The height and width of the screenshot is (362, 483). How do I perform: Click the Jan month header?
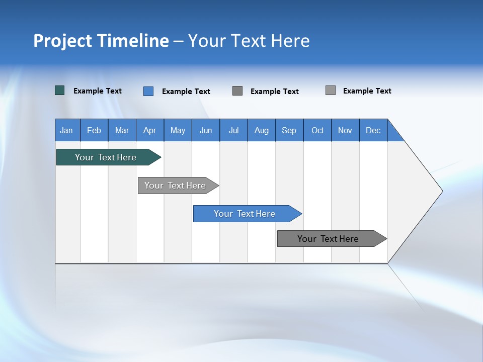pos(67,130)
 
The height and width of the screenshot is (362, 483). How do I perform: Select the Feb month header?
pos(94,130)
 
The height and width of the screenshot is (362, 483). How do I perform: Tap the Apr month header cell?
pos(150,130)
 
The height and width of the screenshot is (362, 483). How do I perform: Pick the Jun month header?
pos(206,130)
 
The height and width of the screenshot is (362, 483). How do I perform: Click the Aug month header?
pos(262,130)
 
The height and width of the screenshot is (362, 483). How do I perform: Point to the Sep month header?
pos(289,130)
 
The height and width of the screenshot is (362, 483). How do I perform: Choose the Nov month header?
pos(345,130)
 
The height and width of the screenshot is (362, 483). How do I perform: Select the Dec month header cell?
pos(373,130)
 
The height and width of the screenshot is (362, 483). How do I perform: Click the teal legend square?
pos(60,90)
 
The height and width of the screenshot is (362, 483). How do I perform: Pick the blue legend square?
pos(148,91)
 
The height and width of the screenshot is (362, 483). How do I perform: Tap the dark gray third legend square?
pos(237,91)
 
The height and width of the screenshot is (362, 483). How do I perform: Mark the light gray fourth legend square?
pos(331,90)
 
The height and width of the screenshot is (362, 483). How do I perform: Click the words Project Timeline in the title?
pos(101,41)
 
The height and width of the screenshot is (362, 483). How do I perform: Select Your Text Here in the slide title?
pos(249,41)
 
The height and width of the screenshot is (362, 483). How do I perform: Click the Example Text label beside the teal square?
pos(98,91)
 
